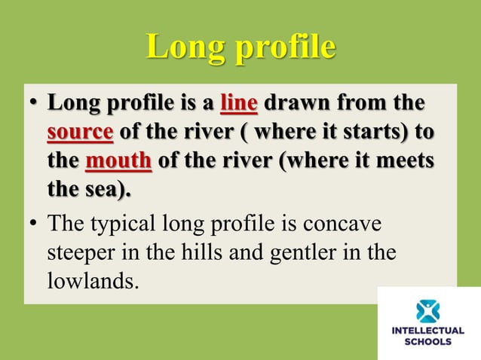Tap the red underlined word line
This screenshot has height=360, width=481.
pyautogui.click(x=238, y=102)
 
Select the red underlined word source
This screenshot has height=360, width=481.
pyautogui.click(x=81, y=133)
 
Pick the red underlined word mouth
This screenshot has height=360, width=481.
pyautogui.click(x=119, y=162)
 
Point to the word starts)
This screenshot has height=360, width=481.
pyautogui.click(x=379, y=133)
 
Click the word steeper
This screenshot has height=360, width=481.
pyautogui.click(x=80, y=253)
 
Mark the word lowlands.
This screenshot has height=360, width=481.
pyautogui.click(x=93, y=282)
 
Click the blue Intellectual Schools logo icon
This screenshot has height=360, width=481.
pyautogui.click(x=428, y=310)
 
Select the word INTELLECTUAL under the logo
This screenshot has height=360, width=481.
pyautogui.click(x=428, y=331)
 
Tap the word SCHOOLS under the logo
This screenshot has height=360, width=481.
pyautogui.click(x=428, y=341)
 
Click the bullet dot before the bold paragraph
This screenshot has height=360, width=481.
pyautogui.click(x=35, y=103)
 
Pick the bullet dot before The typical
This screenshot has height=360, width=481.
pyautogui.click(x=35, y=225)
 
